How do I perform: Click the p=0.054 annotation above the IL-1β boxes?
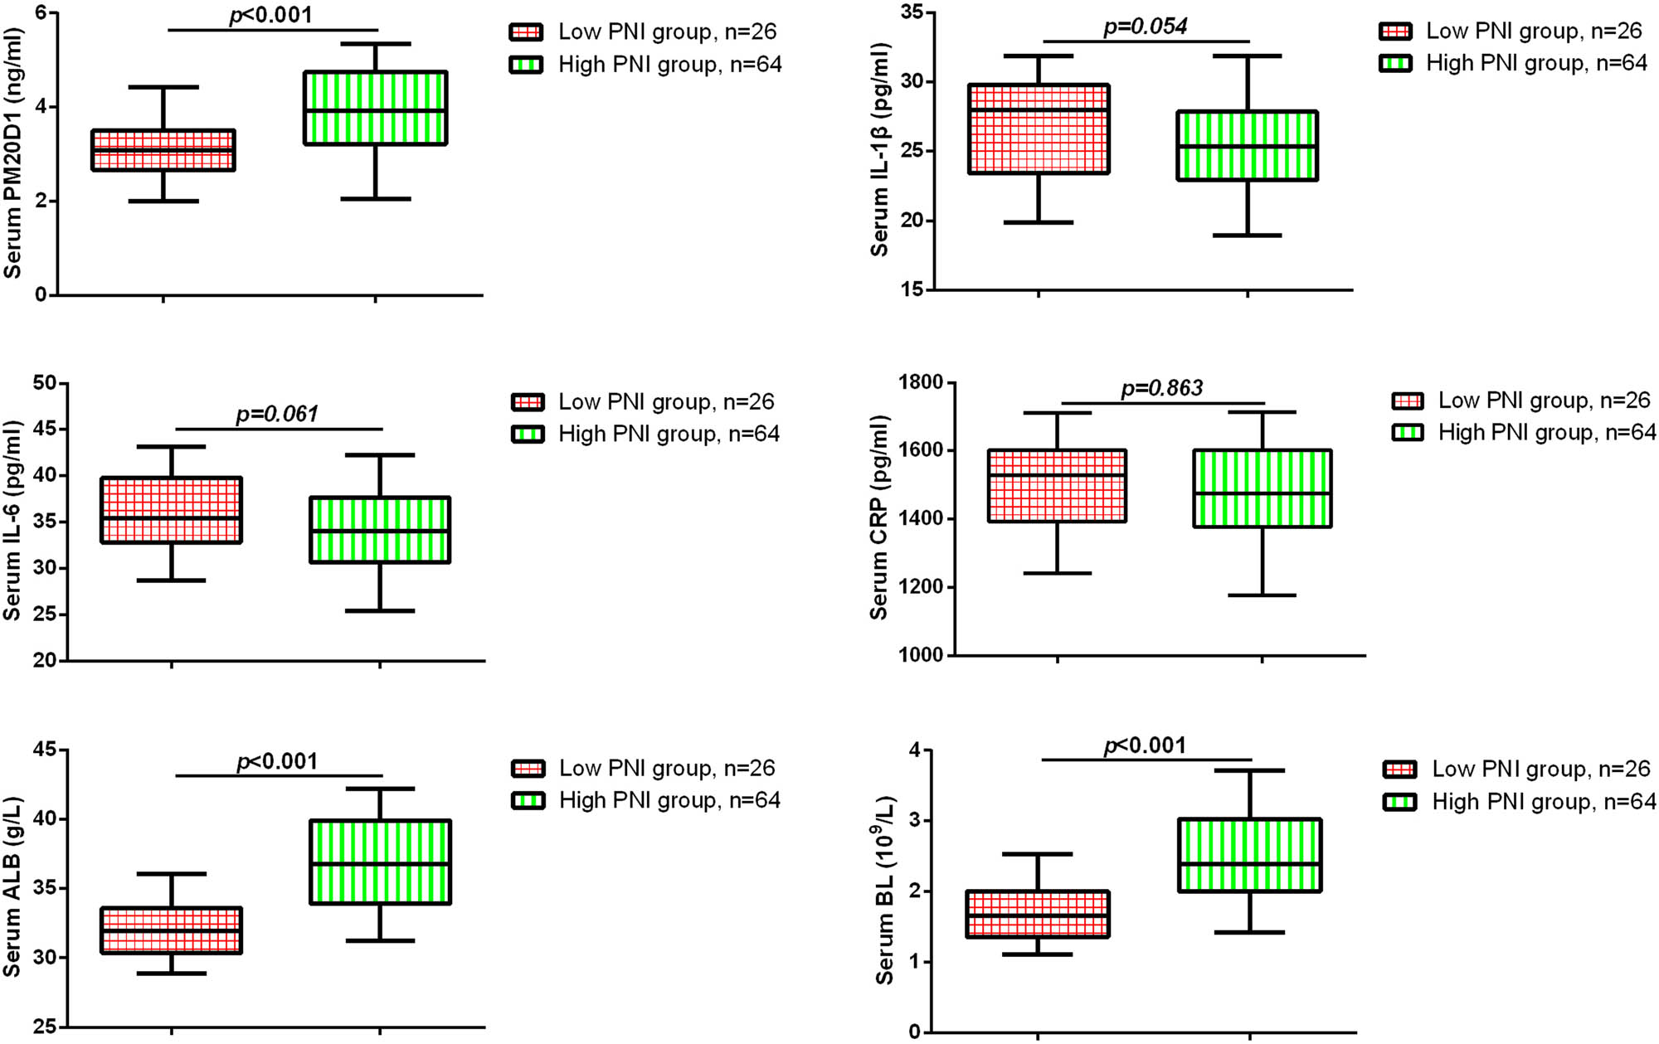[1146, 27]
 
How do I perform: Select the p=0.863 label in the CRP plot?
[1161, 388]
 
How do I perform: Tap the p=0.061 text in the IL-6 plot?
[277, 414]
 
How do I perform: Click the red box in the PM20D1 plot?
[163, 150]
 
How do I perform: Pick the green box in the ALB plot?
[380, 862]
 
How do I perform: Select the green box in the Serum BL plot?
[1249, 856]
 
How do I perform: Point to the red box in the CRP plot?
[1057, 486]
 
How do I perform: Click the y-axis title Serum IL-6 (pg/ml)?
[12, 521]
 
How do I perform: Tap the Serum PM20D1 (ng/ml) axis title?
[12, 153]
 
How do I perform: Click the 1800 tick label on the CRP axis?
[921, 382]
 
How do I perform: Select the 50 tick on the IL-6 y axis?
[45, 383]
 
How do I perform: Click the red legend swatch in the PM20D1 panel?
[526, 32]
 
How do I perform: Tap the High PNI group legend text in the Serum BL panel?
[1543, 802]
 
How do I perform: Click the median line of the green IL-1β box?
[1247, 147]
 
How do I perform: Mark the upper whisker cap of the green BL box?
[1249, 770]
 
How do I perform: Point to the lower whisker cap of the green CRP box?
[1262, 595]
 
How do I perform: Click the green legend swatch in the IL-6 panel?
[528, 435]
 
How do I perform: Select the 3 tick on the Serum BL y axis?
[914, 821]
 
